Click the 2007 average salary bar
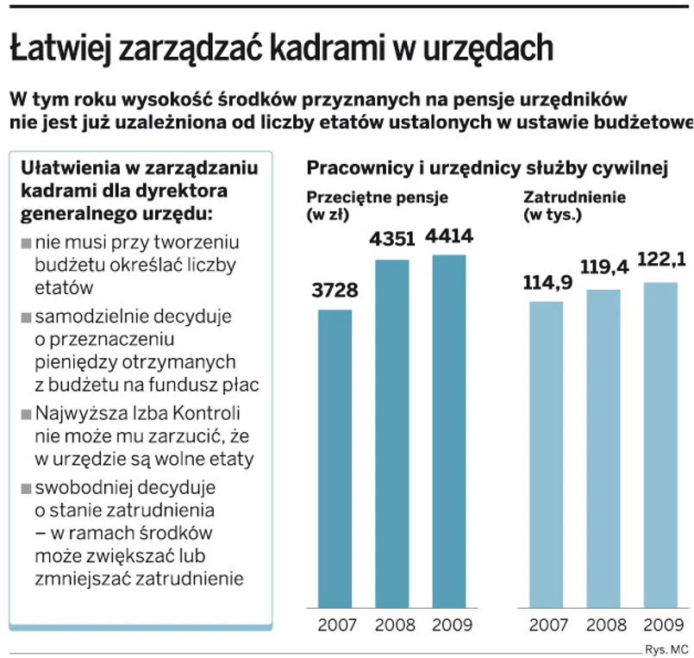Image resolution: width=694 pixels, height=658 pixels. point(334,458)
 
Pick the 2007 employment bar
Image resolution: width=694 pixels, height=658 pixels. point(546,454)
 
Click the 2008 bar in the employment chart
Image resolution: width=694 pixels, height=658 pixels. point(603,448)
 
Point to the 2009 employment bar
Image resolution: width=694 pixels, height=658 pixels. point(660,444)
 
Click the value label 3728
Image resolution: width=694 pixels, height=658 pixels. point(334,291)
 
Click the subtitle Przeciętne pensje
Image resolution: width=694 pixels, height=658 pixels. point(377,197)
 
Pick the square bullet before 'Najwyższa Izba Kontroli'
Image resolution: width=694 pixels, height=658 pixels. point(26,412)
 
